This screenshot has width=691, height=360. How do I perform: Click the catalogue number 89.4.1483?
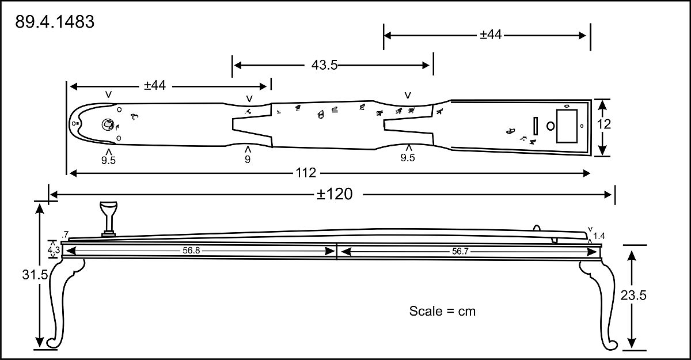[x=55, y=22]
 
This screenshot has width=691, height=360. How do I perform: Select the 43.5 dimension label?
[x=324, y=65]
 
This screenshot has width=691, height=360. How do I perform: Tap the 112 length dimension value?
[x=306, y=173]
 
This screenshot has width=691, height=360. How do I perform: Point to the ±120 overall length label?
[x=335, y=194]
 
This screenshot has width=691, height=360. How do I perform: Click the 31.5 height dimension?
[x=35, y=275]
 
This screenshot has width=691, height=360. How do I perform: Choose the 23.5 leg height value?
[x=633, y=295]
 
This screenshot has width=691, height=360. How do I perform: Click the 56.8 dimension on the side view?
[x=191, y=251]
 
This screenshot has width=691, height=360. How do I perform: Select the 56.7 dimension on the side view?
[x=460, y=251]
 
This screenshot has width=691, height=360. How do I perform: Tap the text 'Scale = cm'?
[x=442, y=311]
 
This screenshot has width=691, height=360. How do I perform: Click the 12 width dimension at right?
[x=603, y=124]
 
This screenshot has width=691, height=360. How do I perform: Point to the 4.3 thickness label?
[x=54, y=250]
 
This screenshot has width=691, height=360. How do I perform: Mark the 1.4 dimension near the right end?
[x=599, y=236]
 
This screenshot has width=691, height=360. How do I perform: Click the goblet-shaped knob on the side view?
[x=109, y=219]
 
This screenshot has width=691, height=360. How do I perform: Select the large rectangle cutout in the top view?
[x=567, y=126]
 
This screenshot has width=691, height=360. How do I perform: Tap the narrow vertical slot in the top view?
[x=536, y=126]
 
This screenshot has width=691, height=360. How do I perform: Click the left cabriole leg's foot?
[x=52, y=342]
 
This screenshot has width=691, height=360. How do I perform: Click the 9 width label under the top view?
[x=248, y=159]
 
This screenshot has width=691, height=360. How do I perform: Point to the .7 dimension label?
[x=65, y=234]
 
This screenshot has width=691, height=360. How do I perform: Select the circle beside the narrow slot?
[x=550, y=126]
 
